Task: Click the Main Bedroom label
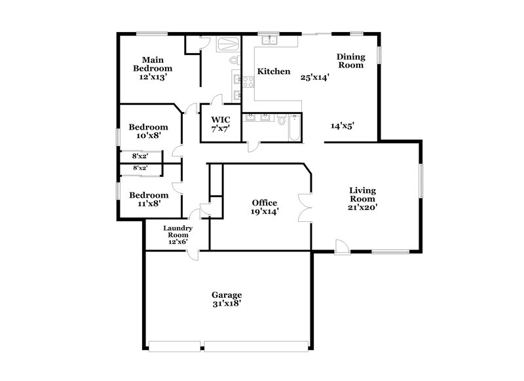[153, 63]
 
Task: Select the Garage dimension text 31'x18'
[227, 304]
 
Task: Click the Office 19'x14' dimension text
[265, 211]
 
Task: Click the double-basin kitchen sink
[270, 41]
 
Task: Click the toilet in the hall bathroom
[281, 120]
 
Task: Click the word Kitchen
[273, 71]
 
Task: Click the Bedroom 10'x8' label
[148, 131]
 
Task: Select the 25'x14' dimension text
[314, 77]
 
